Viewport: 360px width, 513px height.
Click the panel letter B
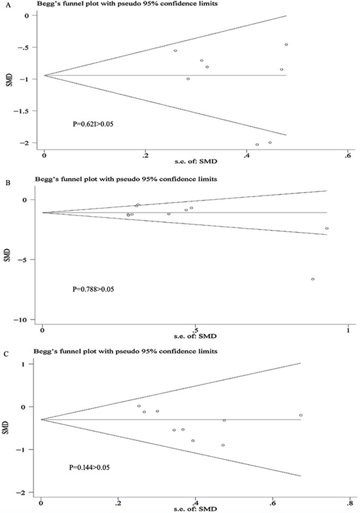pyautogui.click(x=3, y=183)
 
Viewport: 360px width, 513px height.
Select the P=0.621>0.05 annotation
pyautogui.click(x=93, y=124)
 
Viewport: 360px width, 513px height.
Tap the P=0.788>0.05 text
pyautogui.click(x=93, y=289)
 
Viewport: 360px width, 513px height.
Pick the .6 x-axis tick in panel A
pyautogui.click(x=348, y=156)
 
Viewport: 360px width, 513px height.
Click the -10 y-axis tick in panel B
pyautogui.click(x=21, y=320)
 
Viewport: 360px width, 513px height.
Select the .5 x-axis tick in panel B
pyautogui.click(x=195, y=330)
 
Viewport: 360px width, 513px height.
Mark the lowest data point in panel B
pyautogui.click(x=313, y=279)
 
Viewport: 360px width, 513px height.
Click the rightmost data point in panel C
pyautogui.click(x=301, y=415)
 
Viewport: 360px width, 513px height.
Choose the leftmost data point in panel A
pyautogui.click(x=175, y=50)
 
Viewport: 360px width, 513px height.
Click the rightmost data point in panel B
pyautogui.click(x=327, y=229)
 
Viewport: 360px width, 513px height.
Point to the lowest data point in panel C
pyautogui.click(x=223, y=446)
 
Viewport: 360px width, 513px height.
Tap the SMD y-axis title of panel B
pyautogui.click(x=9, y=255)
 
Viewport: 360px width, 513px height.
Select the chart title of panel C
pyautogui.click(x=125, y=351)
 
